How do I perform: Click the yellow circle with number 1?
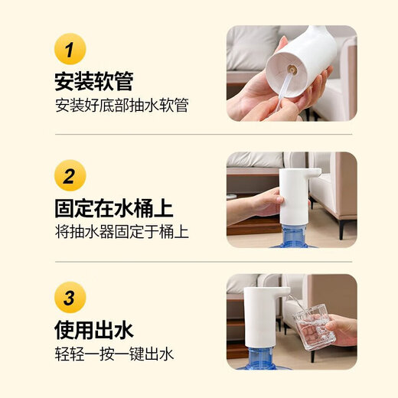pos(70,50)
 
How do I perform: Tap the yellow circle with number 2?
pos(70,177)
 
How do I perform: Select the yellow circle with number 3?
pos(70,298)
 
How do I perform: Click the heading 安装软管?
pos(93,80)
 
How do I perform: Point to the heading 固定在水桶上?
pos(113,207)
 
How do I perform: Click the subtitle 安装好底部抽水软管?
pos(121,105)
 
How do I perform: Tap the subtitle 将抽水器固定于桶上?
pos(121,231)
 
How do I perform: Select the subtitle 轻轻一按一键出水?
pos(114,354)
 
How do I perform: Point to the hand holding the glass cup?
pos(341,331)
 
